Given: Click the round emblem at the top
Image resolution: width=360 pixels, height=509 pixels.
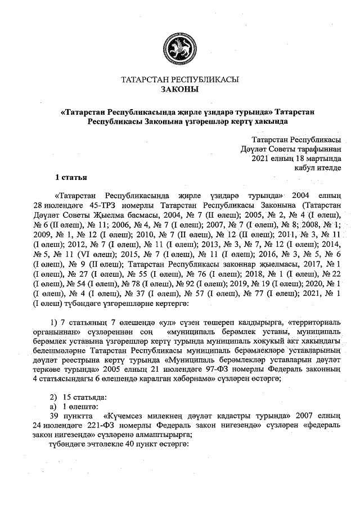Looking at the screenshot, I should (x=179, y=46).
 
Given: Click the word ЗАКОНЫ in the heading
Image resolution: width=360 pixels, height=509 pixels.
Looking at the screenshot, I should (x=179, y=89).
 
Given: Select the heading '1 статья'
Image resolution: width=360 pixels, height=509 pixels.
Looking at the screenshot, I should (x=70, y=178).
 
